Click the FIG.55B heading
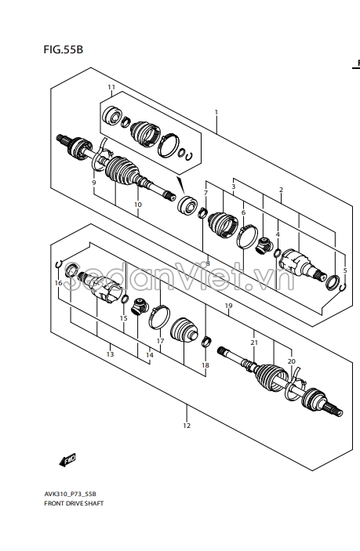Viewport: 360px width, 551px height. pos(64,49)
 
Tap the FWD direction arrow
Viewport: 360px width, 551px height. pos(67,460)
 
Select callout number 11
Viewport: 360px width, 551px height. pos(111,87)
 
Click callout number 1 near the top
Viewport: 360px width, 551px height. pos(216,112)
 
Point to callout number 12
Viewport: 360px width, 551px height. pos(187,426)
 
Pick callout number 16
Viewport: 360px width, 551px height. pos(58,283)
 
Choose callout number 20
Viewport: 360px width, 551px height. pos(292,361)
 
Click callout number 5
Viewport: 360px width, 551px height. pos(345,270)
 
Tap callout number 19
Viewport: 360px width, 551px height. pos(228,306)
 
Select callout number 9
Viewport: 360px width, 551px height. pos(94,183)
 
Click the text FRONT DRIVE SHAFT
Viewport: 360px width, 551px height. pos(74,503)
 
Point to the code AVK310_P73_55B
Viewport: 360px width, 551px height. pos(70,494)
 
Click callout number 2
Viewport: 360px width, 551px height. pos(281,190)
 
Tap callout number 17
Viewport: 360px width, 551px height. pos(160,341)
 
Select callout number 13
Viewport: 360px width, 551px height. pos(110,354)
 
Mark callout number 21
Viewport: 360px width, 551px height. pos(254,343)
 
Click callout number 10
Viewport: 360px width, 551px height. pos(138,205)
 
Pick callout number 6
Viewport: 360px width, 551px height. pos(243,212)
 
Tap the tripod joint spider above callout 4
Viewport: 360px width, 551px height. pos(264,245)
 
